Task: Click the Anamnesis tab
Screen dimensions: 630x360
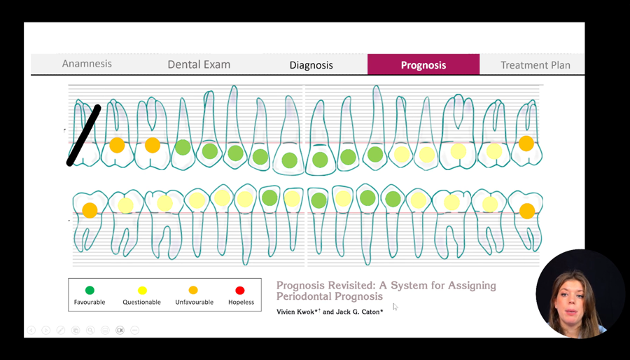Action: pyautogui.click(x=87, y=64)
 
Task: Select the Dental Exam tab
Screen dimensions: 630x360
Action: pyautogui.click(x=199, y=64)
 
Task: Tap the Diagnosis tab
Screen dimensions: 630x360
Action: pyautogui.click(x=311, y=64)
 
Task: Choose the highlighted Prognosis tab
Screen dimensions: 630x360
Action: pyautogui.click(x=423, y=64)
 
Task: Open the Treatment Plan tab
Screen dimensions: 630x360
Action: pyautogui.click(x=535, y=65)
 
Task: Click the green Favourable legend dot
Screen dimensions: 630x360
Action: pyautogui.click(x=90, y=290)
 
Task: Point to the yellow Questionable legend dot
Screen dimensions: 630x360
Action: pyautogui.click(x=142, y=290)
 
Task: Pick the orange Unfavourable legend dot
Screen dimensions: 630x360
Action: pyautogui.click(x=193, y=290)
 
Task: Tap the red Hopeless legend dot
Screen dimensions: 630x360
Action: pyautogui.click(x=240, y=290)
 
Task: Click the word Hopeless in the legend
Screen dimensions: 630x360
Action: pyautogui.click(x=241, y=302)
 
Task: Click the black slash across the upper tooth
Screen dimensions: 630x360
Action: pyautogui.click(x=83, y=135)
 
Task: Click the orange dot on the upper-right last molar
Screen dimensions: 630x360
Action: pyautogui.click(x=526, y=144)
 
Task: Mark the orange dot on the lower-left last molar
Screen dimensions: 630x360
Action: pyautogui.click(x=90, y=211)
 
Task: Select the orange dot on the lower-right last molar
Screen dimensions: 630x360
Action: pyautogui.click(x=527, y=211)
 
